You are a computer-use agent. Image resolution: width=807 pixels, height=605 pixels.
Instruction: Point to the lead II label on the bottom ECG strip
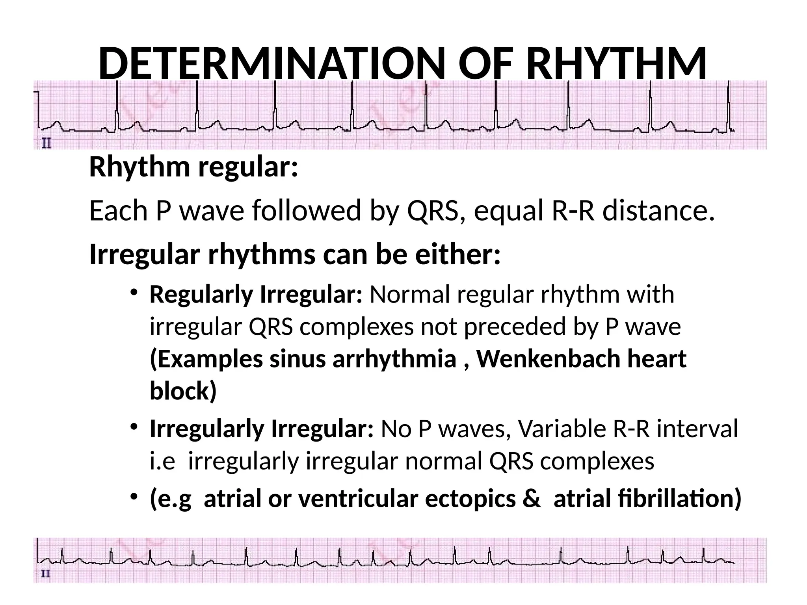point(46,574)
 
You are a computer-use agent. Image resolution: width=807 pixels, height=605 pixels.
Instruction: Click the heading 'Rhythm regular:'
point(193,167)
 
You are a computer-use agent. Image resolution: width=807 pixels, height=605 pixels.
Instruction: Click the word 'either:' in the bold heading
point(458,255)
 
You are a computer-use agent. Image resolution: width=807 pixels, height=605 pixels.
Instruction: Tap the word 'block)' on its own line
point(183,391)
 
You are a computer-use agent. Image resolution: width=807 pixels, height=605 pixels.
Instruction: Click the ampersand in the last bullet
point(532,499)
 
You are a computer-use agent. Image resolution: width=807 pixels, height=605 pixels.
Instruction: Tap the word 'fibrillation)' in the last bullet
point(647,499)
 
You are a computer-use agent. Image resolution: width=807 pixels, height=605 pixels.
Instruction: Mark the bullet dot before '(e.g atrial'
point(134,496)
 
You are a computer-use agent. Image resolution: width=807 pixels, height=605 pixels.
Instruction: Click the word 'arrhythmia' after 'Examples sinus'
point(394,359)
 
